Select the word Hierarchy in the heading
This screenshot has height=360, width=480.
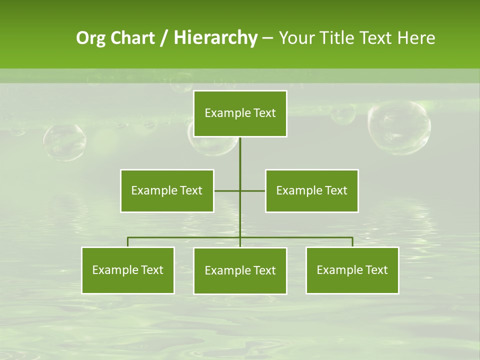[x=215, y=38]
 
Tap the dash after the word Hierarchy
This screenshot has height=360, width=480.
[x=267, y=38]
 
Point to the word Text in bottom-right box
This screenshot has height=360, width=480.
[x=376, y=270]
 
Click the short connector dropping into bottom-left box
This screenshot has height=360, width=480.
[x=128, y=242]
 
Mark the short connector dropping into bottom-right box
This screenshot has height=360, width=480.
[x=352, y=242]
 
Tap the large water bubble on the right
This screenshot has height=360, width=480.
[x=398, y=127]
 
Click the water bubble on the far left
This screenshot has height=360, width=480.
[x=64, y=142]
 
